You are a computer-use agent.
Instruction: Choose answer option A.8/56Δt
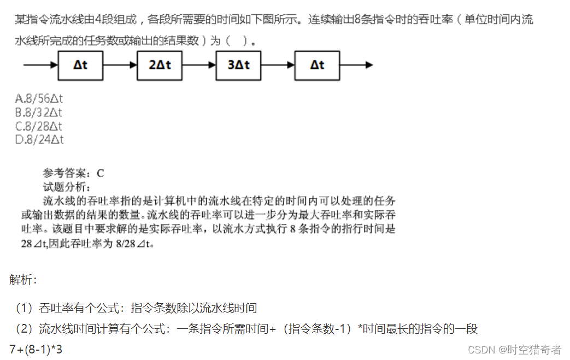tap(39, 99)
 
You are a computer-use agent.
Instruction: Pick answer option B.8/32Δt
tap(39, 113)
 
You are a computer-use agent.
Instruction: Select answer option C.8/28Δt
tap(39, 126)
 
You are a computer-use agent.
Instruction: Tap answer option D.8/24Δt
tap(39, 140)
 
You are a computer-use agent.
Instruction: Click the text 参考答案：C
tap(73, 174)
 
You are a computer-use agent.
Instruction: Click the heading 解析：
tap(23, 280)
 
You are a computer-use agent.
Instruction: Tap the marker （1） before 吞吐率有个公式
tap(24, 308)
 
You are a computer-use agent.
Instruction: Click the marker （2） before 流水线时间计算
tap(24, 329)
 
